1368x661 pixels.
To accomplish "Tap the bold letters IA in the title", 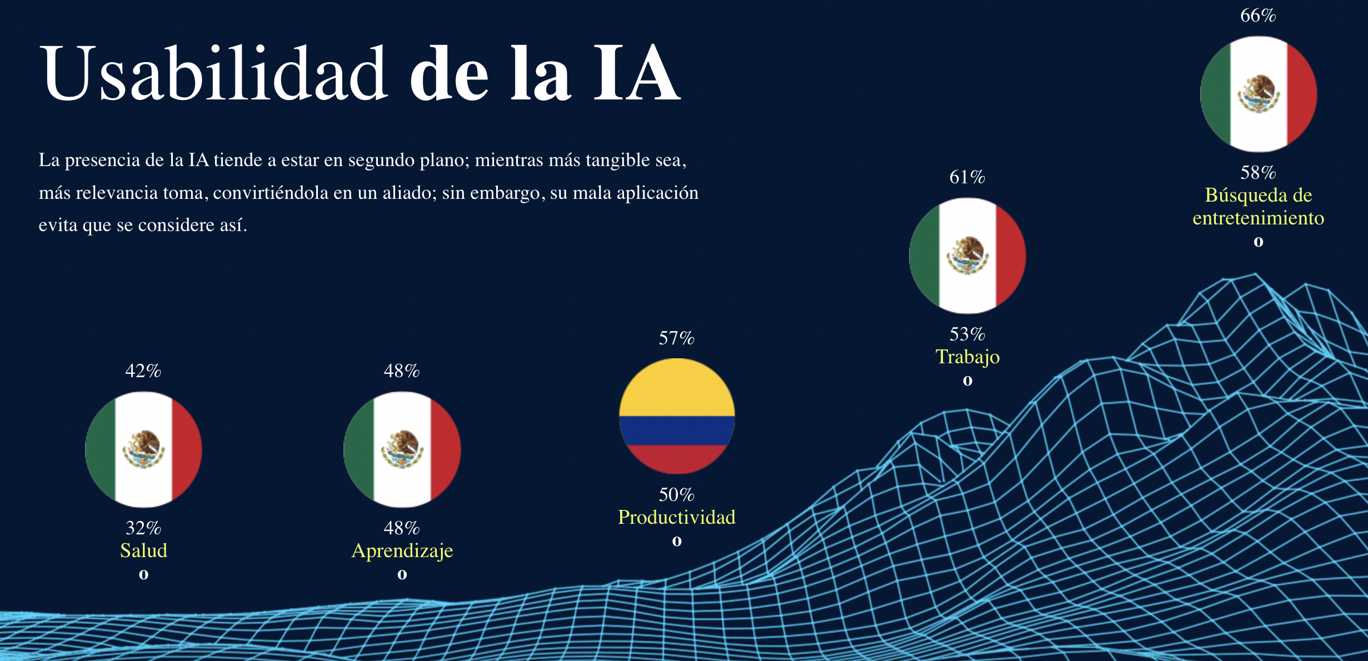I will pyautogui.click(x=636, y=74).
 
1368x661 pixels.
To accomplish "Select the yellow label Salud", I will pyautogui.click(x=143, y=550).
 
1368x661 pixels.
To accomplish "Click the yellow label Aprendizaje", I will pyautogui.click(x=402, y=550).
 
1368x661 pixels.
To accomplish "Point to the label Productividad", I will pyautogui.click(x=677, y=517).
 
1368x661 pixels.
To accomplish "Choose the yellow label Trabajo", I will pyautogui.click(x=967, y=357).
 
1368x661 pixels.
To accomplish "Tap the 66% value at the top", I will pyautogui.click(x=1258, y=16).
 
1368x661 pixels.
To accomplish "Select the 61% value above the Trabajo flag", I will pyautogui.click(x=967, y=177).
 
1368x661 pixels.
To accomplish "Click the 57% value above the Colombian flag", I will pyautogui.click(x=676, y=338).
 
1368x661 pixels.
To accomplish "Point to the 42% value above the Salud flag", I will pyautogui.click(x=143, y=371).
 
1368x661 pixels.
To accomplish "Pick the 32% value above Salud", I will pyautogui.click(x=143, y=528).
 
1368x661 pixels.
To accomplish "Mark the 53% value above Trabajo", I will pyautogui.click(x=967, y=334).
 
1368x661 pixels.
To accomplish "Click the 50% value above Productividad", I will pyautogui.click(x=676, y=495).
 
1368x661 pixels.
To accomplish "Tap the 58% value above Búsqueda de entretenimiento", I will pyautogui.click(x=1258, y=173).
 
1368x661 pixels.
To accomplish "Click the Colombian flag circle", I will pyautogui.click(x=677, y=416).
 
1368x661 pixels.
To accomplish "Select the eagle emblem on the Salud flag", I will pyautogui.click(x=143, y=449).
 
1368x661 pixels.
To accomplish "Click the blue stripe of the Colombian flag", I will pyautogui.click(x=677, y=430).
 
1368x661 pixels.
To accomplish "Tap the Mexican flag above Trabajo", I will pyautogui.click(x=967, y=256).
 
